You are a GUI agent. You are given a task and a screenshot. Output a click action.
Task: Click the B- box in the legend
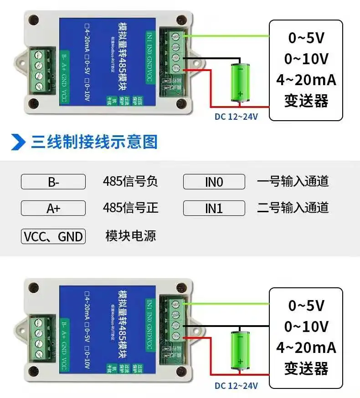click(x=53, y=182)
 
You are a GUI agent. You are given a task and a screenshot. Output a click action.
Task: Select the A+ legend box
click(x=53, y=208)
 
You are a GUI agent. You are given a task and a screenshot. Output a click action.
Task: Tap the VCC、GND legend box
click(x=53, y=236)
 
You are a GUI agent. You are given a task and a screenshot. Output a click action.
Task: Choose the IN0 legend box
click(x=214, y=182)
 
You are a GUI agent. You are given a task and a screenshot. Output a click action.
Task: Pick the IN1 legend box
click(x=214, y=208)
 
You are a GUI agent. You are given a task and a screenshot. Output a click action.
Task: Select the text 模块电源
click(x=130, y=236)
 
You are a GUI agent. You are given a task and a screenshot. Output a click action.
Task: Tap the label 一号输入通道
click(x=293, y=182)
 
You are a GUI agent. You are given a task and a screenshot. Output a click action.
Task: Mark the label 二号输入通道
click(x=293, y=208)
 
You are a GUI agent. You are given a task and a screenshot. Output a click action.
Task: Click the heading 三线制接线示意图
click(x=94, y=142)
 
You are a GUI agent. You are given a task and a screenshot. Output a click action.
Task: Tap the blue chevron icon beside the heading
click(x=18, y=142)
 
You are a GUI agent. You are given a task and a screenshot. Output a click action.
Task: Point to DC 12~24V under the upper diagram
click(x=236, y=117)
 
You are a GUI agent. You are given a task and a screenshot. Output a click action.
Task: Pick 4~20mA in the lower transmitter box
click(x=306, y=348)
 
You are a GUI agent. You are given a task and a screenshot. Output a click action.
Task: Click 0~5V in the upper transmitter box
click(x=306, y=38)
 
